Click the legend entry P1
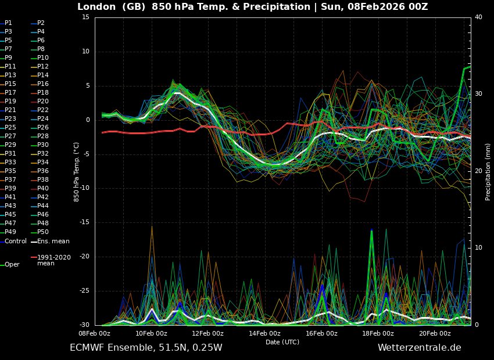(x=8, y=23)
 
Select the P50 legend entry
(x=43, y=232)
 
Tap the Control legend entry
(x=16, y=241)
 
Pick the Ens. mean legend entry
(x=53, y=241)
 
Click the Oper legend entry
(x=12, y=264)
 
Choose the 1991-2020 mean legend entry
(x=54, y=260)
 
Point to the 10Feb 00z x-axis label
(x=151, y=333)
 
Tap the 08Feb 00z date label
(x=95, y=333)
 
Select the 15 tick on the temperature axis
(x=85, y=17)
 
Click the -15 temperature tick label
(x=83, y=222)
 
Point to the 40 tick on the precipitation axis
(x=478, y=17)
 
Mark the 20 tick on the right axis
(x=478, y=171)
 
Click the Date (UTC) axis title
(x=282, y=342)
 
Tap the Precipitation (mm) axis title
(x=488, y=171)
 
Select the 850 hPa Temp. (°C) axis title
(x=76, y=171)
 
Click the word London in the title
(x=96, y=7)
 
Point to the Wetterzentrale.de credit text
(x=419, y=348)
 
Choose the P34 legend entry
(x=43, y=162)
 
